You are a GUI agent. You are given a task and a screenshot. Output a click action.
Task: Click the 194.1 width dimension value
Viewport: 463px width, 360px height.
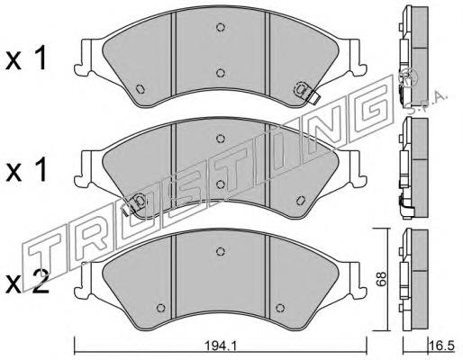coord(220,346)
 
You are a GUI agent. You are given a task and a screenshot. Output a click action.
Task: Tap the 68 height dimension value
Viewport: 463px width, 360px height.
coord(381,279)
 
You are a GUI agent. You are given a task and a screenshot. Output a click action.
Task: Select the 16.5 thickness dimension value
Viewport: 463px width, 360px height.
coord(444,346)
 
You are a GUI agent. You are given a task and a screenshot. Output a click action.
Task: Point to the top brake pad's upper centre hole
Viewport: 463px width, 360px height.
coord(221,27)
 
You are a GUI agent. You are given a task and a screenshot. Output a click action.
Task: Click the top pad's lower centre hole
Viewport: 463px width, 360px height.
coord(221,73)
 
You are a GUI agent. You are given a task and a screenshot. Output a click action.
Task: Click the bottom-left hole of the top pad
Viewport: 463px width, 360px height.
coord(140,89)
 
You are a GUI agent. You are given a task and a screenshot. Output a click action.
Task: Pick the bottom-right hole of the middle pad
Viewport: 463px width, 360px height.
coord(300,201)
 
